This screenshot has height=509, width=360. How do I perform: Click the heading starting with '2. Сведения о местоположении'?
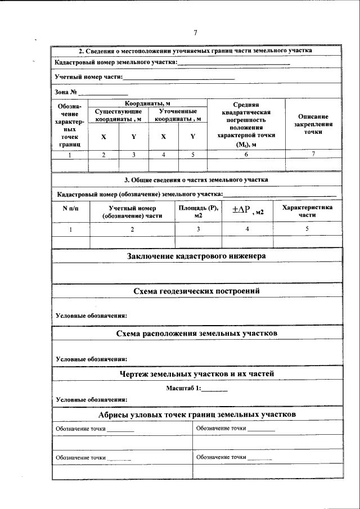click(195, 51)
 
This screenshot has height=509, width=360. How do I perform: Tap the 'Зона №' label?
click(66, 92)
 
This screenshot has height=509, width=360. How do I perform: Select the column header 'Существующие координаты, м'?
click(118, 115)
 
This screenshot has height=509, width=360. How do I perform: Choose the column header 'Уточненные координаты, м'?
click(178, 115)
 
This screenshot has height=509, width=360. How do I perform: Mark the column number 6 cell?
click(246, 154)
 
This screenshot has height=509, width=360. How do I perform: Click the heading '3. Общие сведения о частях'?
click(196, 179)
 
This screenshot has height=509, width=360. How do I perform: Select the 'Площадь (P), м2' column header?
click(198, 211)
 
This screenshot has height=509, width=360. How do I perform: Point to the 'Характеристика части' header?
click(307, 211)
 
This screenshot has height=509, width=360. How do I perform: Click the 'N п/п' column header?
click(70, 208)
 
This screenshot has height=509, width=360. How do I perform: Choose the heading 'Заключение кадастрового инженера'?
click(196, 255)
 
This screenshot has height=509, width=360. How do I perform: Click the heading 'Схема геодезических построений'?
click(196, 291)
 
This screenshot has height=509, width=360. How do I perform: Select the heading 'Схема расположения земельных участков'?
click(196, 333)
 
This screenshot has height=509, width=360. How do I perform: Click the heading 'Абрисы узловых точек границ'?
click(196, 414)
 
